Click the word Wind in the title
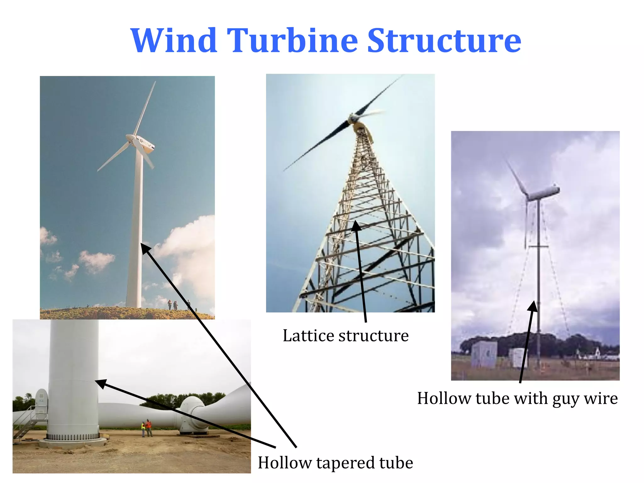[x=174, y=41]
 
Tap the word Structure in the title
[x=444, y=41]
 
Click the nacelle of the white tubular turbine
[x=143, y=144]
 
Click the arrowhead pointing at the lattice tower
[x=356, y=225]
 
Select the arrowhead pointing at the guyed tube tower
[x=533, y=306]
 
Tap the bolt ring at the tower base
[x=73, y=437]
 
